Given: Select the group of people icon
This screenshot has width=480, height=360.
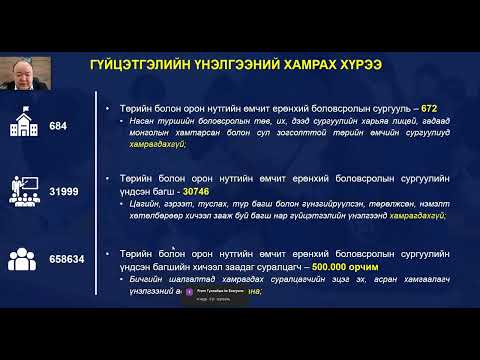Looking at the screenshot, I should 24,259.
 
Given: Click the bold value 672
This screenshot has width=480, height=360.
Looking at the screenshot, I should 428,106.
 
